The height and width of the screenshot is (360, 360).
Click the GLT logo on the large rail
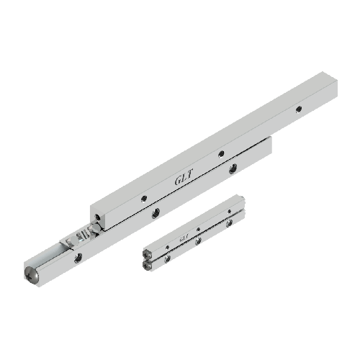pos(183,178)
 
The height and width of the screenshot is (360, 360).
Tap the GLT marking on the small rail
pos(184,235)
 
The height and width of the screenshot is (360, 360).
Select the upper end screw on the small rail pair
pos(148,253)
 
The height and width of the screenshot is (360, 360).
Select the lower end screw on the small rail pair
pos(148,265)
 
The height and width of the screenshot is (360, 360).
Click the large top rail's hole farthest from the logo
pos(299,109)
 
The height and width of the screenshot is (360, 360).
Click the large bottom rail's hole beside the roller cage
pos(78,256)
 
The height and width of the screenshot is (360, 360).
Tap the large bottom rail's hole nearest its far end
pos(233,169)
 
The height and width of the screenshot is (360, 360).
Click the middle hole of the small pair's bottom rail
pos(198,240)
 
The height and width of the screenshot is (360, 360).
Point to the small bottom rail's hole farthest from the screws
pos(230,223)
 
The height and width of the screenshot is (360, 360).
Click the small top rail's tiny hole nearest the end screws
pos(168,246)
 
